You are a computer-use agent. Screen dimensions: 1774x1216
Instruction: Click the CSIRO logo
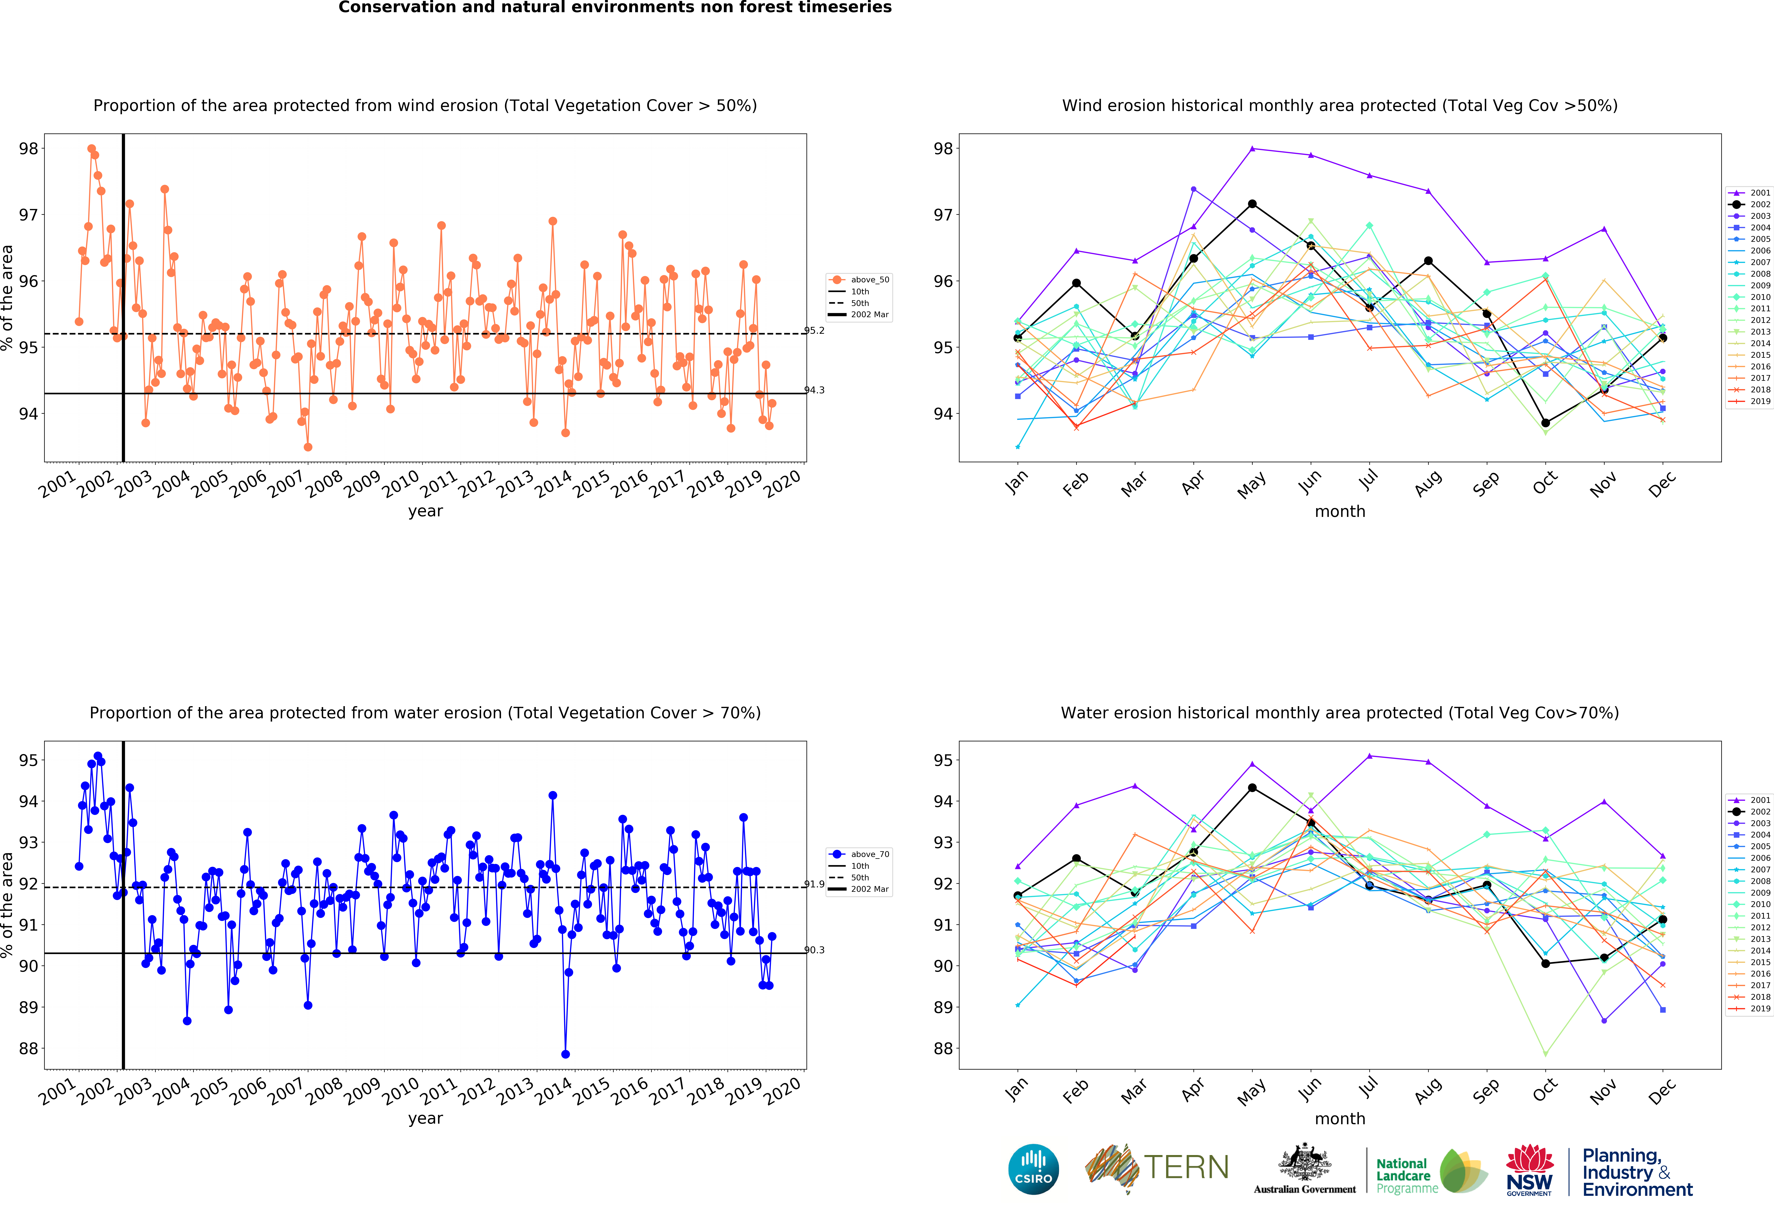click(x=1034, y=1169)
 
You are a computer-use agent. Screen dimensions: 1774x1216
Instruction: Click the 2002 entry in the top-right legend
click(x=1749, y=205)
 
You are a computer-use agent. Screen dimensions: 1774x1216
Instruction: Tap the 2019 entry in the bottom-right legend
click(x=1749, y=1008)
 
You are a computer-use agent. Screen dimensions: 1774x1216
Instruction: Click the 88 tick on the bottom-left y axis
click(x=28, y=1048)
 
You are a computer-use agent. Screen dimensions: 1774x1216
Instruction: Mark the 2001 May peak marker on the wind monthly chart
click(x=1252, y=148)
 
